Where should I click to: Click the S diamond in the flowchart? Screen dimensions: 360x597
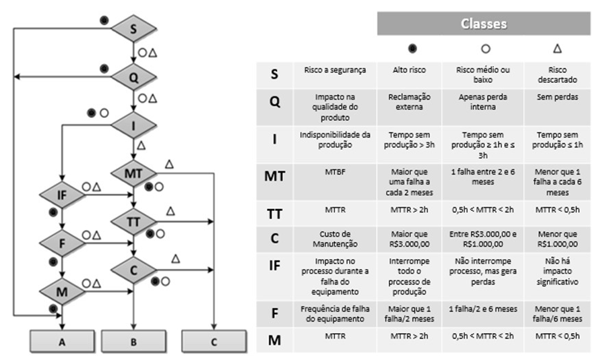tap(133, 28)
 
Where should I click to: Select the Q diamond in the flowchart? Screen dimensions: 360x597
tap(133, 76)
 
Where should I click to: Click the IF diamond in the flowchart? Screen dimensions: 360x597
tap(62, 196)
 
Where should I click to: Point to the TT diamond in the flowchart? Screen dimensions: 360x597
tap(133, 220)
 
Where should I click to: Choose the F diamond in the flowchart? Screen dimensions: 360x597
tap(62, 243)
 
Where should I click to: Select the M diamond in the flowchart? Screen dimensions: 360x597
tap(62, 291)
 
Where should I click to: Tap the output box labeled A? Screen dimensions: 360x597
tap(62, 341)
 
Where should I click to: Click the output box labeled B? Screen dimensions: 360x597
tap(133, 341)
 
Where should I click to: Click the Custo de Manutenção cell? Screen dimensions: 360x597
tap(336, 238)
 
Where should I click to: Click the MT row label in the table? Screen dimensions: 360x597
tap(274, 178)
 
